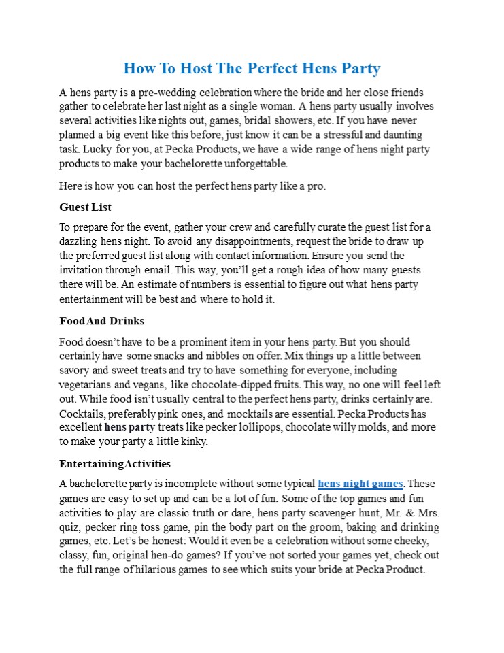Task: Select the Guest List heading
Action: tap(85, 207)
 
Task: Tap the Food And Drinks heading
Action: tap(101, 321)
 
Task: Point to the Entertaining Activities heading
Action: tap(114, 464)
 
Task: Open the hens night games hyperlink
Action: tap(360, 484)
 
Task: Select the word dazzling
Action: tap(78, 241)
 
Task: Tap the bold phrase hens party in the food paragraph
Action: tap(129, 428)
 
